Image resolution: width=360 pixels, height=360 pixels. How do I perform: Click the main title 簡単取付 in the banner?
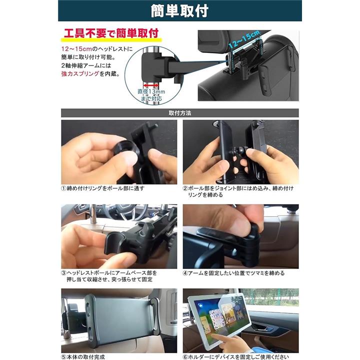[179, 11]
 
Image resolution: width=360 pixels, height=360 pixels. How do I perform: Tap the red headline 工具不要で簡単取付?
[111, 33]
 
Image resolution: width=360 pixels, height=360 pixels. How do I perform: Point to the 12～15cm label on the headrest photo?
[244, 39]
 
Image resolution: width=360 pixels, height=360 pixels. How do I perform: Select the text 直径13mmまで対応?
[151, 95]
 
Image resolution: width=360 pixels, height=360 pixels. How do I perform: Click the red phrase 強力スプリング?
[80, 74]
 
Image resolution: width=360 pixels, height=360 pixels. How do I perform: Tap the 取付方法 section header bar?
[180, 113]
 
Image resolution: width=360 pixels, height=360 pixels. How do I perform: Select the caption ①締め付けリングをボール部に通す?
[102, 188]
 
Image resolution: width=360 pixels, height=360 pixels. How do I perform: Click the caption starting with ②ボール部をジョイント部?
[238, 191]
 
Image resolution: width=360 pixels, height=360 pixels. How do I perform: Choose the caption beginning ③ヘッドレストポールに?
[109, 276]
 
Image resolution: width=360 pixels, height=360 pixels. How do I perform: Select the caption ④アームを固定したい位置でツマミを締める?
[233, 273]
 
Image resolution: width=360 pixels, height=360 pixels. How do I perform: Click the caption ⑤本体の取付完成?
[83, 357]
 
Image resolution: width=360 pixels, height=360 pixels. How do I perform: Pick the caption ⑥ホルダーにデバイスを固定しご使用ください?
[236, 357]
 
